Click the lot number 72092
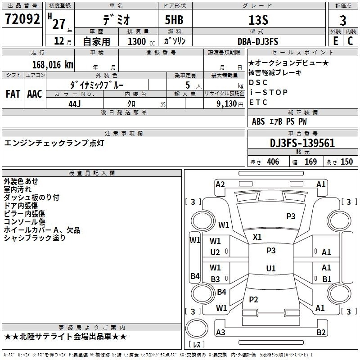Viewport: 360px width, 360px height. click(22, 19)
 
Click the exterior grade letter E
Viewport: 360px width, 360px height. click(335, 41)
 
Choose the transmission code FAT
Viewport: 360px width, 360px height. click(13, 94)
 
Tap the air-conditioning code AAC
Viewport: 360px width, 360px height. click(35, 94)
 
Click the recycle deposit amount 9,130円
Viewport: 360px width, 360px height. click(230, 103)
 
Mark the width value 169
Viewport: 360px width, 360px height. click(311, 162)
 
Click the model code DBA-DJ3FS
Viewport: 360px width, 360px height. click(258, 41)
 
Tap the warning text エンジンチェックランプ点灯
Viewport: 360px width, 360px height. click(54, 143)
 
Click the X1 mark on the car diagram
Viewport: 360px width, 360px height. click(257, 237)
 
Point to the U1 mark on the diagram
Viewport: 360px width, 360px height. click(271, 269)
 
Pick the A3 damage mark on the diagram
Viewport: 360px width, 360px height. click(220, 333)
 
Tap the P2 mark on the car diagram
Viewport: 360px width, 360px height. click(254, 299)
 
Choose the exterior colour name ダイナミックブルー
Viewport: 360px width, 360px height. click(97, 85)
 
